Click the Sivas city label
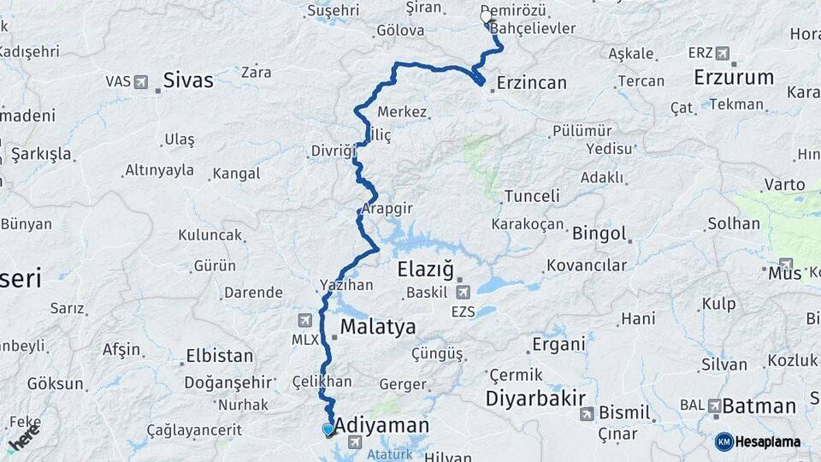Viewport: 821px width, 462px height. tap(188, 80)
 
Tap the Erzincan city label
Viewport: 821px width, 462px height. tap(532, 83)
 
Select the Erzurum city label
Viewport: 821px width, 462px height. tap(734, 77)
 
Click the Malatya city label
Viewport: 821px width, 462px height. tap(378, 326)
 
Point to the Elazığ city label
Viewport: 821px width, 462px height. tap(425, 269)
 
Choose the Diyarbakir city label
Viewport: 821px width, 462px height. tap(535, 398)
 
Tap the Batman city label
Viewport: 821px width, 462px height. tap(759, 406)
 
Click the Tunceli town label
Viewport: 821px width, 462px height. tap(532, 196)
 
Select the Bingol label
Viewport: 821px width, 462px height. tap(600, 233)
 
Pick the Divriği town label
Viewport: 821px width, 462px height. tap(332, 151)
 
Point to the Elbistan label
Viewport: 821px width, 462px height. tap(219, 356)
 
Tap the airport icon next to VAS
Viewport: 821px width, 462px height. tap(141, 82)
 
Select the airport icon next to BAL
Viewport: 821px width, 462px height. tap(713, 405)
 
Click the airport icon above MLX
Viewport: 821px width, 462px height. tap(304, 320)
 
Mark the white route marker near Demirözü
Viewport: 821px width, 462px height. tap(486, 16)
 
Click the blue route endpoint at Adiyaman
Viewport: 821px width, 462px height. tap(328, 429)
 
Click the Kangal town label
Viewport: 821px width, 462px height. tap(236, 174)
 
